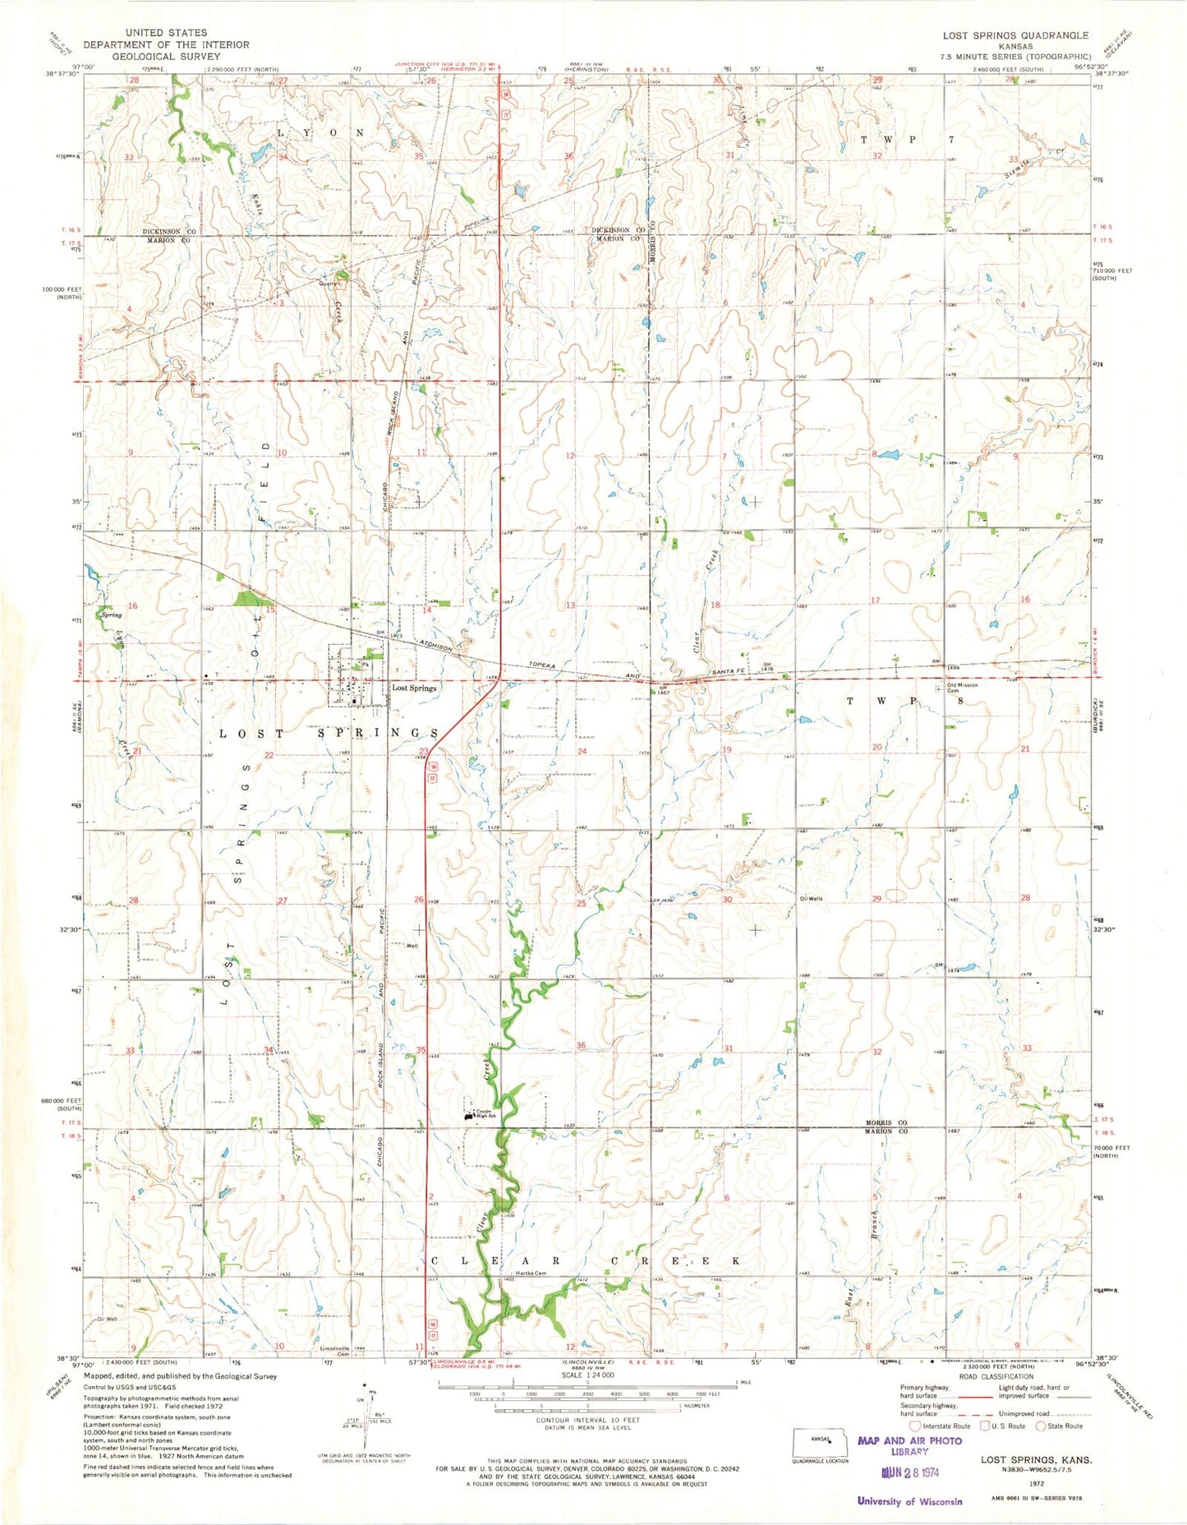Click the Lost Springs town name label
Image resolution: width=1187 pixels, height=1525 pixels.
tap(414, 688)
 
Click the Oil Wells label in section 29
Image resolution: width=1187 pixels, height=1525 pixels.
tap(811, 899)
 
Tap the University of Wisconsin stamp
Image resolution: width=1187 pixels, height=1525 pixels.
tap(909, 1501)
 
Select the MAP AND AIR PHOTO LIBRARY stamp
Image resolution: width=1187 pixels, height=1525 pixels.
tap(909, 1445)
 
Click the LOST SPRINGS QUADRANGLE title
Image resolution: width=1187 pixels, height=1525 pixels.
tap(1015, 35)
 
